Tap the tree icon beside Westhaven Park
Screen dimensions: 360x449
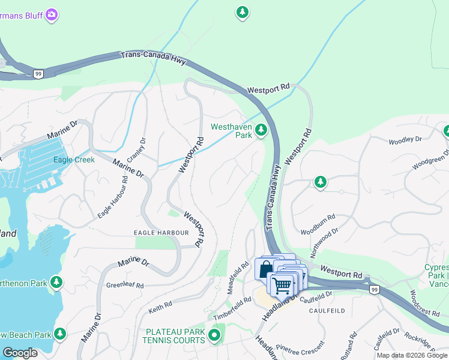pos(261,130)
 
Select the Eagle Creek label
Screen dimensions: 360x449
pos(74,160)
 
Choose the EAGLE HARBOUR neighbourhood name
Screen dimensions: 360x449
pos(161,233)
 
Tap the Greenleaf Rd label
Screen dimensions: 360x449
pos(125,286)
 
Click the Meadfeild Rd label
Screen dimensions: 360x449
pos(238,273)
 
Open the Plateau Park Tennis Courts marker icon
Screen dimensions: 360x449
pos(215,334)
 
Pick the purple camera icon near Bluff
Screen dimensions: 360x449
pos(52,14)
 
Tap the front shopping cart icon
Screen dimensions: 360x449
pos(282,284)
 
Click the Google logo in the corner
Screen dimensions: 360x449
pos(20,353)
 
